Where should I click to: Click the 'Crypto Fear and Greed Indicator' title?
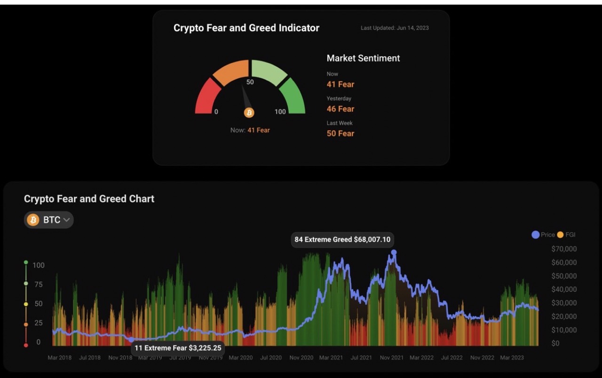click(246, 28)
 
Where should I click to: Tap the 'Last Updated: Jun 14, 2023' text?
click(395, 28)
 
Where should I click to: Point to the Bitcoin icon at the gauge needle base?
click(249, 113)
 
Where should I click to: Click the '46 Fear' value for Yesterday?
click(341, 109)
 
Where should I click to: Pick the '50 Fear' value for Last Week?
click(341, 133)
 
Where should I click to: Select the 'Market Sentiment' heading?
click(363, 58)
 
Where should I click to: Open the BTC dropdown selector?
click(49, 220)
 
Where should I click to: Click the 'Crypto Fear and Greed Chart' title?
click(89, 199)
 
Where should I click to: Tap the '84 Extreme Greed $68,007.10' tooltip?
click(342, 240)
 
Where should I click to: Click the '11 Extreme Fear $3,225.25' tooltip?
click(178, 348)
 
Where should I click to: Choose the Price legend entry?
click(543, 234)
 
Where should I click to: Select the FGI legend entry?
click(566, 234)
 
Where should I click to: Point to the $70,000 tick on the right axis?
click(564, 249)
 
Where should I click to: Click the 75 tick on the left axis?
click(38, 284)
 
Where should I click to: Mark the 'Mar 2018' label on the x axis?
click(60, 358)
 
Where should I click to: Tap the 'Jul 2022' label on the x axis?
click(451, 358)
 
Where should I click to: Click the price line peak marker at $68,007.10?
click(394, 252)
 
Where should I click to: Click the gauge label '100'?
click(280, 112)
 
